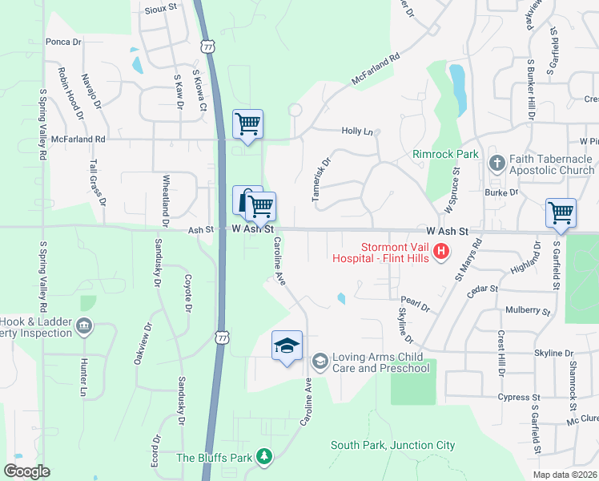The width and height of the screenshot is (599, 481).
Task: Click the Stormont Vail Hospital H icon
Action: tap(440, 253)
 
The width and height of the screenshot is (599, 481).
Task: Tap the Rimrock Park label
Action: tap(445, 154)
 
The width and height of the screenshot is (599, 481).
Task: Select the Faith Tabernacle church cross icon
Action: tap(496, 164)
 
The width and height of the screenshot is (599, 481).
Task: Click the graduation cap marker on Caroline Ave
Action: tap(287, 346)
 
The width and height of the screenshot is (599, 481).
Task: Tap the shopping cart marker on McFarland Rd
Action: tap(248, 124)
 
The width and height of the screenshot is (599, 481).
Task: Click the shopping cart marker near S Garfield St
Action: tap(561, 213)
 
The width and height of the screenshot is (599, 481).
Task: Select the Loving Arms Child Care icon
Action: tap(320, 362)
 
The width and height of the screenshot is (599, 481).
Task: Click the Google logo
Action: tap(27, 471)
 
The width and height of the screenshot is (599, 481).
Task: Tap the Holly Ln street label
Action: tap(357, 131)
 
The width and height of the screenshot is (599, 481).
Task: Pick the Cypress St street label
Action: tap(513, 397)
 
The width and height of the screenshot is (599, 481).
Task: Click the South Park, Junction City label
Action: tap(392, 445)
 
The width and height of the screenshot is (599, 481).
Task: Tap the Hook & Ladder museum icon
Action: tap(83, 326)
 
